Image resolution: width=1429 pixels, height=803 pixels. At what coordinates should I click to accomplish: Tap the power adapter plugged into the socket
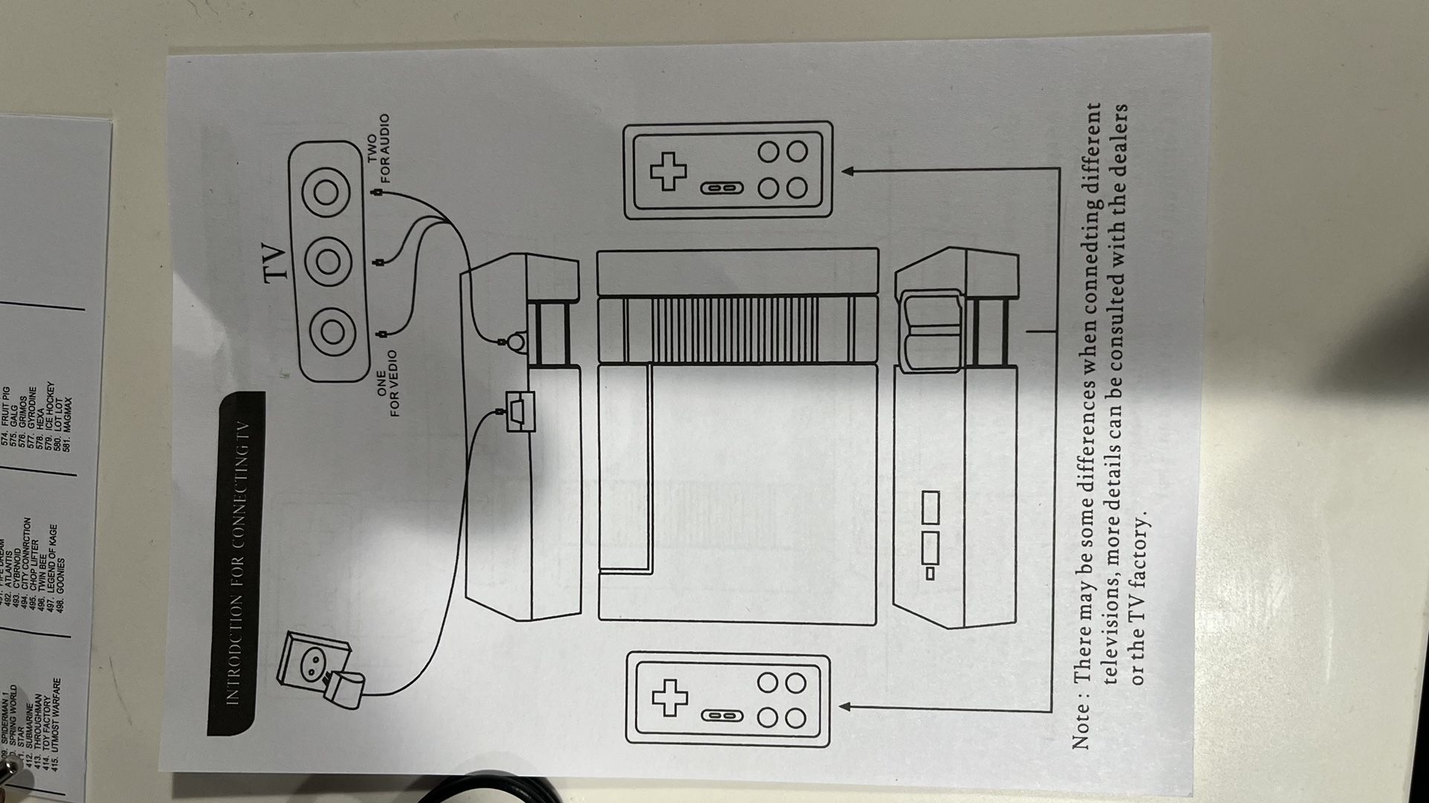click(x=346, y=688)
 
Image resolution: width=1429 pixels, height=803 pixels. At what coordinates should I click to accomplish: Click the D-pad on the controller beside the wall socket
click(x=669, y=697)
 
